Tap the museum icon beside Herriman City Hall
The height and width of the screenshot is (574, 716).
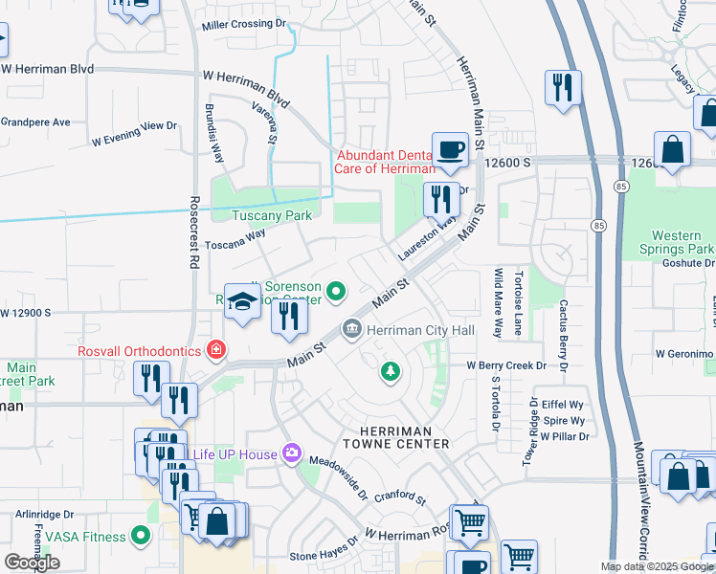click(352, 330)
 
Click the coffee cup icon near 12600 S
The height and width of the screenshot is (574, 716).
click(450, 149)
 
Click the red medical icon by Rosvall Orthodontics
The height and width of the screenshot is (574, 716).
click(216, 351)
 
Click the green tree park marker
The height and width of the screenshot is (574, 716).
click(390, 370)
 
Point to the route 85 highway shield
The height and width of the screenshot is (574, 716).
click(598, 226)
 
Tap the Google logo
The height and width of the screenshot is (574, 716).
click(32, 563)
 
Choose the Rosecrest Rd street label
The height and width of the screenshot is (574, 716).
click(193, 232)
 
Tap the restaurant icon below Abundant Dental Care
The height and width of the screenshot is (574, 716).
click(441, 200)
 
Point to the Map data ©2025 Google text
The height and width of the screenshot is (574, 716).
click(657, 566)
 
